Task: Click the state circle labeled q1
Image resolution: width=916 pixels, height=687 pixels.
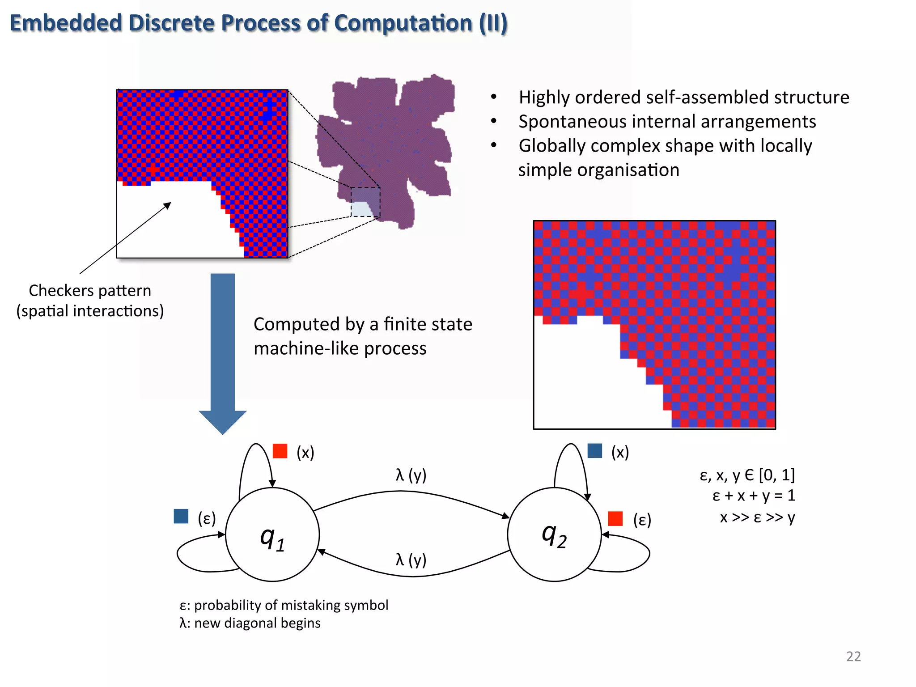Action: click(272, 534)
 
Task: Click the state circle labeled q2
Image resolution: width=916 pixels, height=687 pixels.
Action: click(554, 534)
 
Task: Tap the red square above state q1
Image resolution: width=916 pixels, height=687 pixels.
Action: click(280, 451)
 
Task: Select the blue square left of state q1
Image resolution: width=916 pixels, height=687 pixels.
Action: click(181, 516)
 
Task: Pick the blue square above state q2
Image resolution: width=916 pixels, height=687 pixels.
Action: click(595, 451)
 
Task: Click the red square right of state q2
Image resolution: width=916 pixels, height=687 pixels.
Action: click(615, 519)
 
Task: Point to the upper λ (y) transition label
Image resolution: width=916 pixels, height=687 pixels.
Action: click(411, 475)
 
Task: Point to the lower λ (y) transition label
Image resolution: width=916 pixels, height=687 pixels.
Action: click(411, 560)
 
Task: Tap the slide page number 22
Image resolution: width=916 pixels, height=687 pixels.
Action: click(853, 656)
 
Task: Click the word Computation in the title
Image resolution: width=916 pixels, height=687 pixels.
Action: click(403, 23)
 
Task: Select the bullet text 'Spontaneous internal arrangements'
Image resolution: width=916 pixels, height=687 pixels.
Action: click(667, 122)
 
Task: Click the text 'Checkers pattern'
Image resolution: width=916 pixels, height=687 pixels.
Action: click(90, 291)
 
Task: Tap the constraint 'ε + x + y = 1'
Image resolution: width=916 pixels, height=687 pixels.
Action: click(754, 496)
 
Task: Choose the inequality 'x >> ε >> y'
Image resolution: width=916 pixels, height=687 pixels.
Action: click(757, 517)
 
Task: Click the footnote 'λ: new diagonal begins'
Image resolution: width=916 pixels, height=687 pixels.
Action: click(250, 623)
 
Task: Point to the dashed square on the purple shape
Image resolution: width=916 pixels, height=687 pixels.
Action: click(365, 202)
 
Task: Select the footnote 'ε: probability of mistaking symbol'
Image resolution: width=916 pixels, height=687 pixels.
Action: click(284, 605)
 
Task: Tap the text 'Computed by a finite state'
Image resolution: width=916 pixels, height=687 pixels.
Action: click(363, 324)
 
